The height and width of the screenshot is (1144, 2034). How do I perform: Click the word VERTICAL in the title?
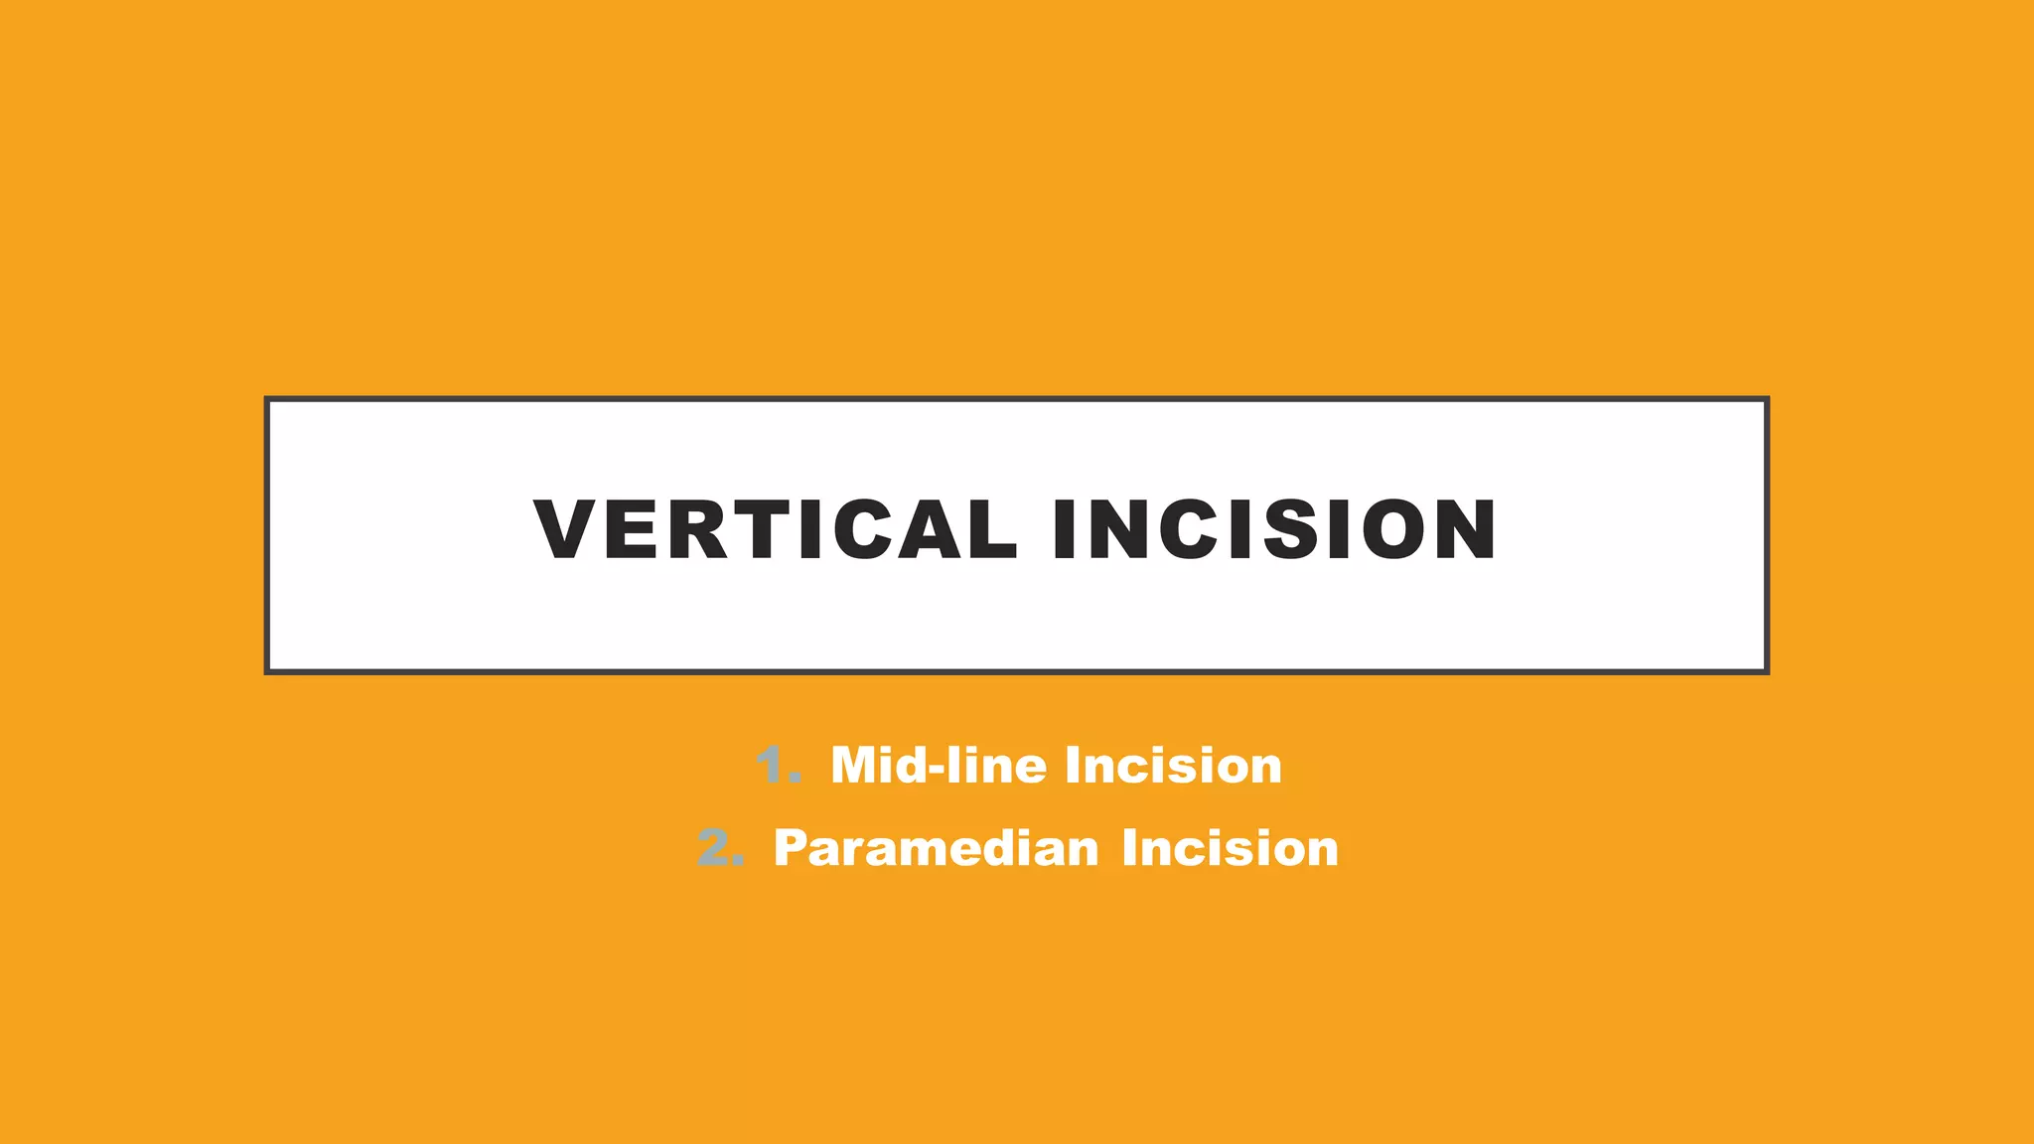(776, 529)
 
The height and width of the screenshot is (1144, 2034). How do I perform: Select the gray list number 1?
(774, 766)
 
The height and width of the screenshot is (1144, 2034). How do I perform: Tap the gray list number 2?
(717, 848)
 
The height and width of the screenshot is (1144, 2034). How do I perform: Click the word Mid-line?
(939, 766)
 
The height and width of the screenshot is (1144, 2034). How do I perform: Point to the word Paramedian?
(936, 849)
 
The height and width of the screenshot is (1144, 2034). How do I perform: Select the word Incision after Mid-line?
(1173, 766)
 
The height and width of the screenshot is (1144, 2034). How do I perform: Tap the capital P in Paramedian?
(791, 849)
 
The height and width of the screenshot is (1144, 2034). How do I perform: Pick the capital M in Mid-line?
(855, 766)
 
